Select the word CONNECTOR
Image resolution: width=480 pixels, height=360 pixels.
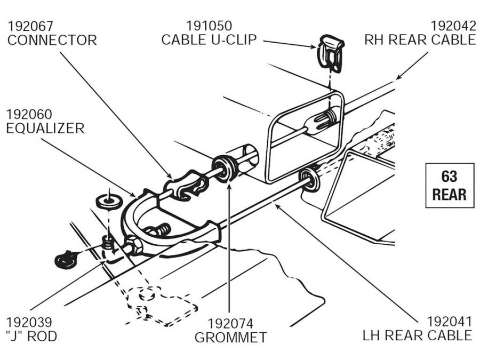click(x=52, y=40)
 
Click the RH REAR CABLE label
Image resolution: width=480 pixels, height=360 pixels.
click(x=420, y=40)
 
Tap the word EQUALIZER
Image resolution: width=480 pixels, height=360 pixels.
click(x=45, y=129)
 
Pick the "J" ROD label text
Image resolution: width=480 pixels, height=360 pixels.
click(x=31, y=337)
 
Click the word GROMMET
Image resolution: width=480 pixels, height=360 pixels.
click(x=230, y=337)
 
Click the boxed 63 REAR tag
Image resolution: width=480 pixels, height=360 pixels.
click(x=449, y=185)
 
